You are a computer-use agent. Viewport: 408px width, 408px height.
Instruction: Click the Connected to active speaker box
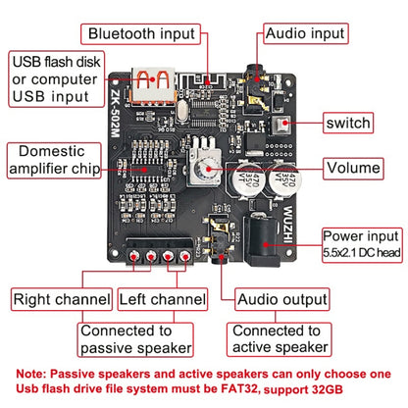point(276,338)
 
